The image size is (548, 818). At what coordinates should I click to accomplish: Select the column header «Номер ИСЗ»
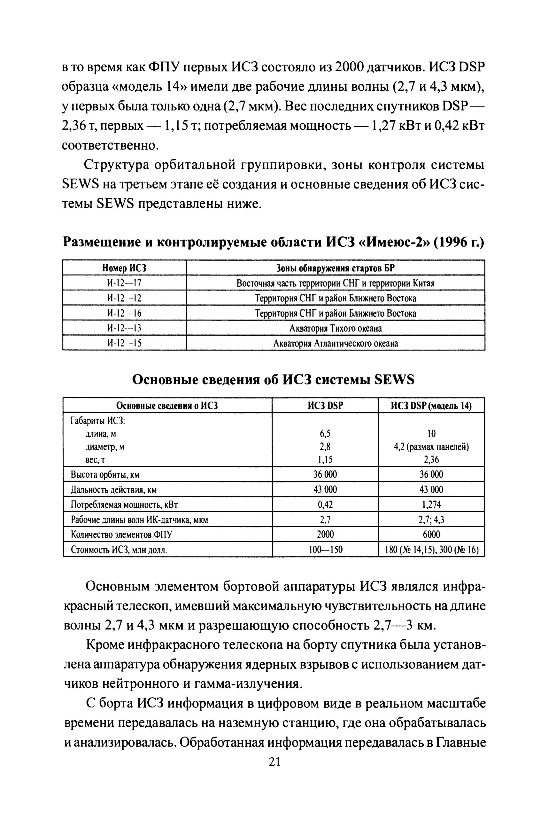[x=124, y=268]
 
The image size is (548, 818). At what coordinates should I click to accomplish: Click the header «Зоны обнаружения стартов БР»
[x=336, y=268]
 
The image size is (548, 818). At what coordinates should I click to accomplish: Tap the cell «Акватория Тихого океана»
[x=336, y=328]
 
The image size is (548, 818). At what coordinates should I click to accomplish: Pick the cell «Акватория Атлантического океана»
[x=336, y=343]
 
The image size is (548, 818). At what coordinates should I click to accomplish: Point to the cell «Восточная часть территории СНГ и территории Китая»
[x=336, y=283]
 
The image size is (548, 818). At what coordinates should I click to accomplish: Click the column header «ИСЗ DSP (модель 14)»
[x=431, y=406]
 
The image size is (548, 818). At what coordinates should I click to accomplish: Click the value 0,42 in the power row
[x=325, y=505]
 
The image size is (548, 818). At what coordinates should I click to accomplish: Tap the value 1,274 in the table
[x=431, y=505]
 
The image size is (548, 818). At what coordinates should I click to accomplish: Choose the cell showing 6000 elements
[x=431, y=535]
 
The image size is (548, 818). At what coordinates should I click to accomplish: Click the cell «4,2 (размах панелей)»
[x=431, y=447]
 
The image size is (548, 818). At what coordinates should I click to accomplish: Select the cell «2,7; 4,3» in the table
[x=431, y=520]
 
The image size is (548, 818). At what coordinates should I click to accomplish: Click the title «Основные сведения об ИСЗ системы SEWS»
[x=273, y=380]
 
